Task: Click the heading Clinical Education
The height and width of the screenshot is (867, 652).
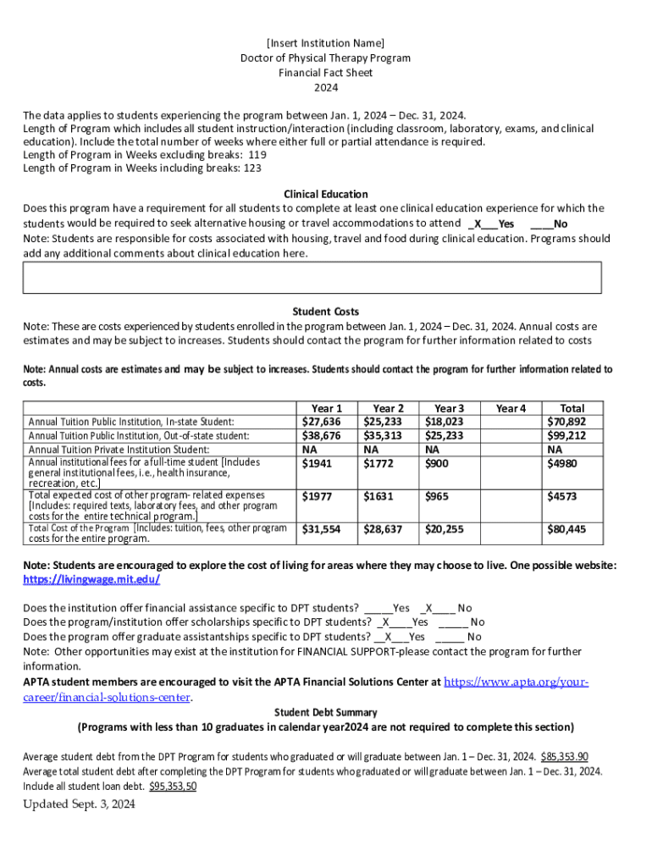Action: (x=325, y=194)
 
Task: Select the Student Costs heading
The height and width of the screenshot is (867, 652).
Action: (x=325, y=312)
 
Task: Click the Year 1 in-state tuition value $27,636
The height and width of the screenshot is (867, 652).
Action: (x=322, y=422)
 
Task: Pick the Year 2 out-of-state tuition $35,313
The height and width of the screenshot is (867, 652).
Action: (x=383, y=435)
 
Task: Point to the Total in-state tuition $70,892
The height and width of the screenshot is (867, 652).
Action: (x=566, y=422)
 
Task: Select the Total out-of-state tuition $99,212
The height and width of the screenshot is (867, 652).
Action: (x=566, y=435)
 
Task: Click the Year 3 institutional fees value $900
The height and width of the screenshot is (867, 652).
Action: (x=437, y=464)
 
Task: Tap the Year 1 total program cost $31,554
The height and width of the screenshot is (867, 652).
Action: (x=322, y=529)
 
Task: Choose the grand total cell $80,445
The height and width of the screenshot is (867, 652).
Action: (x=566, y=529)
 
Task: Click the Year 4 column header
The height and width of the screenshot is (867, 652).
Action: (x=511, y=408)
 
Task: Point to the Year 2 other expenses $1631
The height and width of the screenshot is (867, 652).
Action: (x=378, y=496)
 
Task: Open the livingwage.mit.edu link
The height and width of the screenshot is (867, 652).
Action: (x=91, y=579)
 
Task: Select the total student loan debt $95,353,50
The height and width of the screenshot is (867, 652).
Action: (x=173, y=786)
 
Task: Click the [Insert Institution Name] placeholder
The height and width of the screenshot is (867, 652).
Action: (x=325, y=42)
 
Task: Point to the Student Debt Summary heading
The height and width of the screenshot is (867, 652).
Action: (x=325, y=712)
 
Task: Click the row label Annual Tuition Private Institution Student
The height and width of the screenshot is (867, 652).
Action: (x=119, y=450)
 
